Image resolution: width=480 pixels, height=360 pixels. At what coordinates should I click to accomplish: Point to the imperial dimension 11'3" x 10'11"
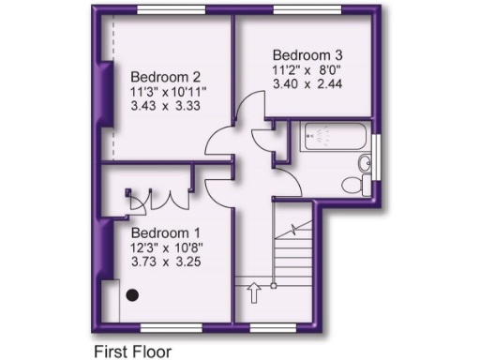point(168,91)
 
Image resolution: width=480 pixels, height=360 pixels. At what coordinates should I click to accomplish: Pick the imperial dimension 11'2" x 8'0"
point(304,68)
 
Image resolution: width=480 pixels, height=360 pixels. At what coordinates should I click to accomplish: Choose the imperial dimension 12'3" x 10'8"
point(167,247)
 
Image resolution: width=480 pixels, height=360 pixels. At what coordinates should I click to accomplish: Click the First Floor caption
point(132,352)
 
